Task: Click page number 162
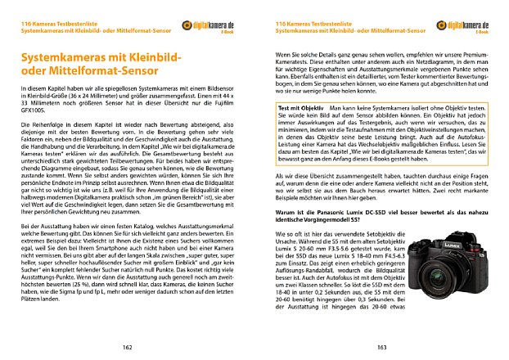click(127, 348)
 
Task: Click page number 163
click(381, 348)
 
